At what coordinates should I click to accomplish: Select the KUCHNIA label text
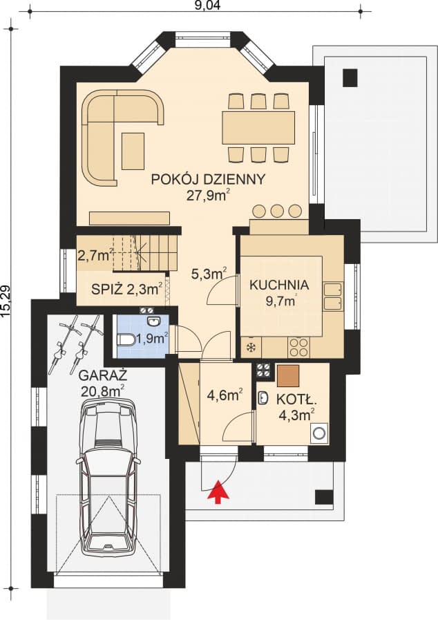click(279, 285)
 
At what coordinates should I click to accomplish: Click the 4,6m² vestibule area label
click(225, 396)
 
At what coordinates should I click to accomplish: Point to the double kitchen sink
click(332, 295)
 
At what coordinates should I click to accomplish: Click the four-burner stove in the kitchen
click(298, 345)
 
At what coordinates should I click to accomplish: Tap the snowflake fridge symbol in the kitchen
click(249, 346)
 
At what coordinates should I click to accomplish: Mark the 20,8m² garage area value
click(102, 391)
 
